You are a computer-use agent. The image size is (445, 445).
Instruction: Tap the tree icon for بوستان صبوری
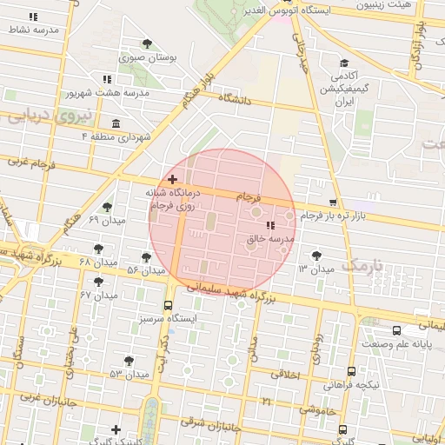pyautogui.click(x=148, y=43)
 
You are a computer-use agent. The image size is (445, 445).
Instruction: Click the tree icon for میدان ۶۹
pyautogui.click(x=107, y=207)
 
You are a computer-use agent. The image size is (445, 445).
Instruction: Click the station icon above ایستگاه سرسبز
pyautogui.click(x=168, y=305)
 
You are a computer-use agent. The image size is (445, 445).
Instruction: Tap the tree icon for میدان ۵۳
pyautogui.click(x=129, y=361)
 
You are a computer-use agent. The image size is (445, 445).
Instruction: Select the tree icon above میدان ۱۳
pyautogui.click(x=315, y=256)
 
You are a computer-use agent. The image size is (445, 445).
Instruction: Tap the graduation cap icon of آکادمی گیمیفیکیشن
pyautogui.click(x=344, y=63)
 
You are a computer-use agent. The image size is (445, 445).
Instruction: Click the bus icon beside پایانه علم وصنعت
pyautogui.click(x=396, y=331)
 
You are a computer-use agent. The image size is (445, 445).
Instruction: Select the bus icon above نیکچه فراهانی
pyautogui.click(x=350, y=369)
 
